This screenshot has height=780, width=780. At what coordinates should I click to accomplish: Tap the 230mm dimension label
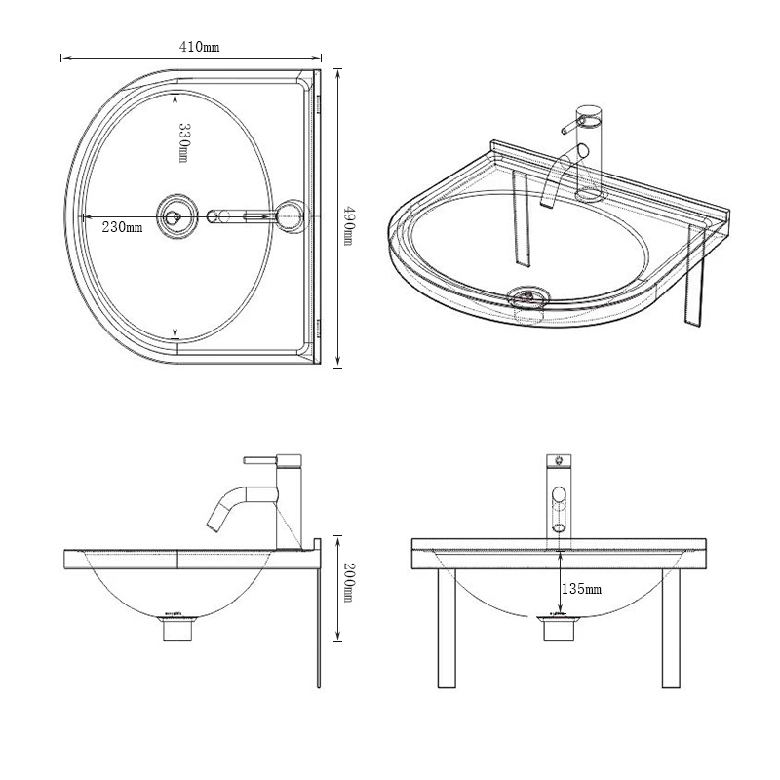[123, 227]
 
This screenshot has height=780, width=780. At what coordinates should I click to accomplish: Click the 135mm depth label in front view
[581, 590]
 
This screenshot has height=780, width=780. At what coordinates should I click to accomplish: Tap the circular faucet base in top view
[290, 216]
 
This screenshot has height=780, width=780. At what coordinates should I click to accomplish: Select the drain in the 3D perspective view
[527, 293]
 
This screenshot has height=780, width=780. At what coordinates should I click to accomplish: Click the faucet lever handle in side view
[261, 458]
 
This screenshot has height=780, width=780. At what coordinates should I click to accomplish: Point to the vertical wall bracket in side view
[319, 624]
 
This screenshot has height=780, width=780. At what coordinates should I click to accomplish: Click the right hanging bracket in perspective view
[694, 278]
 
